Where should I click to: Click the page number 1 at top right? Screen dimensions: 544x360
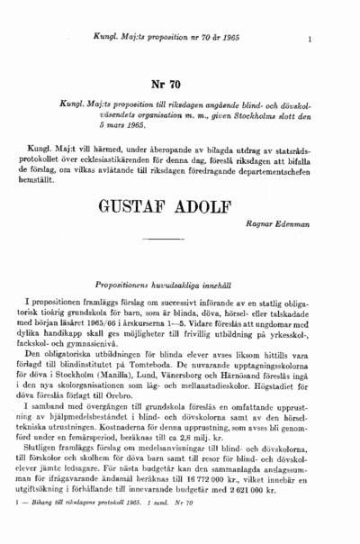pyautogui.click(x=309, y=40)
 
